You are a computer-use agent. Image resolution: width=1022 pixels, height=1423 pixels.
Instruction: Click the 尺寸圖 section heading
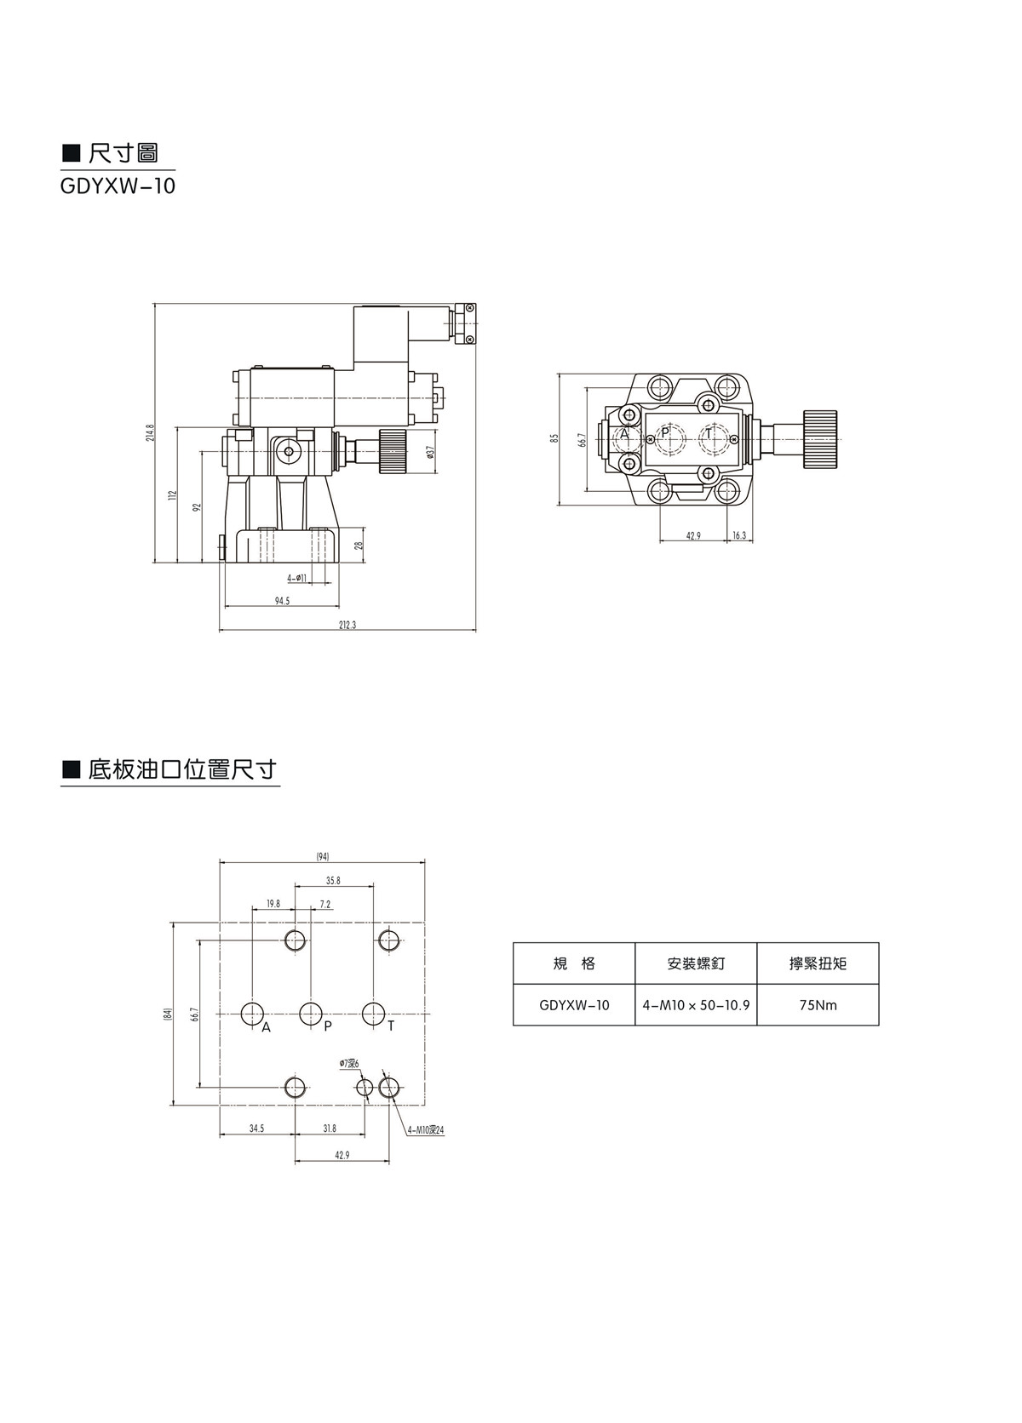pyautogui.click(x=123, y=153)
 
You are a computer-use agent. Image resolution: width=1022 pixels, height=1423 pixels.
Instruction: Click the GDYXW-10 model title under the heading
pyautogui.click(x=118, y=186)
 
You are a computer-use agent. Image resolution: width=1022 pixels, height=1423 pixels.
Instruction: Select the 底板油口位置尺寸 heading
pyautogui.click(x=182, y=769)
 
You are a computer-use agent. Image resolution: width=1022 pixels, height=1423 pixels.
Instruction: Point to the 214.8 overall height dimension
pyautogui.click(x=150, y=432)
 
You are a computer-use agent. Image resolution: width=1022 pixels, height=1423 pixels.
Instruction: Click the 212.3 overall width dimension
pyautogui.click(x=347, y=626)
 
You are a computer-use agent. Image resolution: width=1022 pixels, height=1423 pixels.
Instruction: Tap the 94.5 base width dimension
pyautogui.click(x=282, y=601)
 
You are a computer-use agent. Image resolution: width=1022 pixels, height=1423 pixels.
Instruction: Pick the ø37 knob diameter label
pyautogui.click(x=431, y=452)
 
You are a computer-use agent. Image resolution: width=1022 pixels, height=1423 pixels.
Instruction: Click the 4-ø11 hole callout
pyautogui.click(x=297, y=578)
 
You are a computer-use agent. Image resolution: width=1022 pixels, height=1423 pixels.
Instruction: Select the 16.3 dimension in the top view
pyautogui.click(x=738, y=536)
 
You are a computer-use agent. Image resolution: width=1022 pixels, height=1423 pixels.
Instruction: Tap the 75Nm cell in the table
pyautogui.click(x=818, y=1005)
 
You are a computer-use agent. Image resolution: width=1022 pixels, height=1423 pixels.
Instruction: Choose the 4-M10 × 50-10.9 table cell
pyautogui.click(x=696, y=1005)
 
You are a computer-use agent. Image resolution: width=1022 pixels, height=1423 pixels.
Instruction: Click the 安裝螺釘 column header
pyautogui.click(x=696, y=963)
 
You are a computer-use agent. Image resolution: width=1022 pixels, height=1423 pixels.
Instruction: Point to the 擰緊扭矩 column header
pyautogui.click(x=818, y=963)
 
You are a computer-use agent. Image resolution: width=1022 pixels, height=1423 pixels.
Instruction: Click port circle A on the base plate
pyautogui.click(x=253, y=1014)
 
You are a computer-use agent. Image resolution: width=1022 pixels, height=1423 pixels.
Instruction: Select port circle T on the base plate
pyautogui.click(x=373, y=1014)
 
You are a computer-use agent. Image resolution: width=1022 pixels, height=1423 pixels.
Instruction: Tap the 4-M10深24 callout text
pyautogui.click(x=426, y=1130)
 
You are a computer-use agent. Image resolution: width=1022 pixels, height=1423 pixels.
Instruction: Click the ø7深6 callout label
pyautogui.click(x=349, y=1064)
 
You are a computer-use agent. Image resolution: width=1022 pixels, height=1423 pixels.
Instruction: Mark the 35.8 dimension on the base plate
pyautogui.click(x=333, y=881)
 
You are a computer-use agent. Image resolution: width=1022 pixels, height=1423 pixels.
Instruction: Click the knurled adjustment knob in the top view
pyautogui.click(x=821, y=437)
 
